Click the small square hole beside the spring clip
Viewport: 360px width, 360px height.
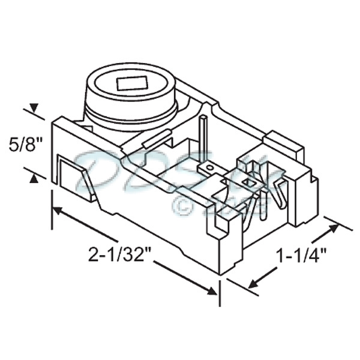point(251,180)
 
